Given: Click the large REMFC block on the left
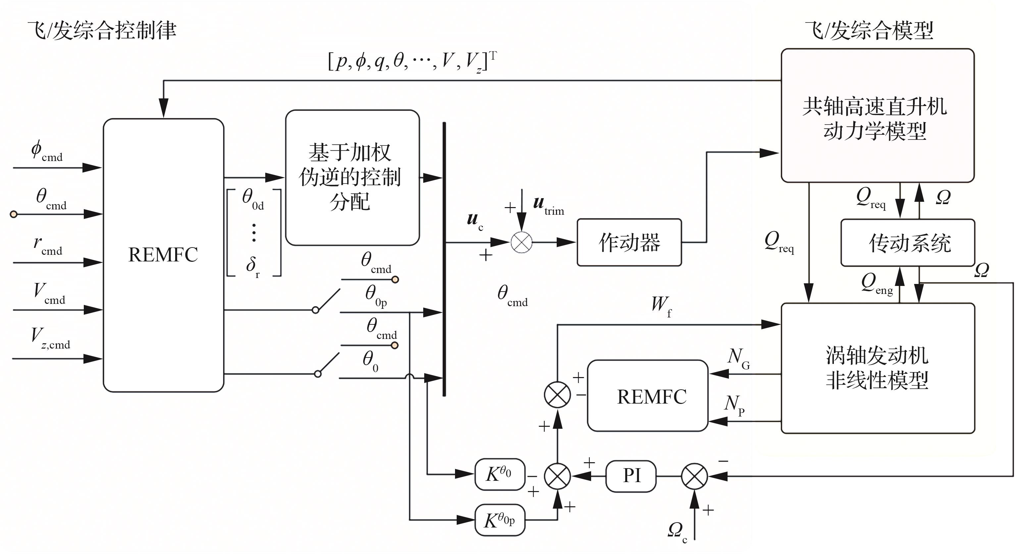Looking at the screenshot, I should click(164, 255).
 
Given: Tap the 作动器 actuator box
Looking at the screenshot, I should click(629, 242).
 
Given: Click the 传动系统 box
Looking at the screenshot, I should click(908, 243).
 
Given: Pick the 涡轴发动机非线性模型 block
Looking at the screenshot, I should click(878, 368).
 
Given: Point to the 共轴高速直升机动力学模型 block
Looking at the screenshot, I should click(877, 116).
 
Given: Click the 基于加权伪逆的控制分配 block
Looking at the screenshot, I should click(352, 177).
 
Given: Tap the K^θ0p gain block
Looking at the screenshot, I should click(500, 520).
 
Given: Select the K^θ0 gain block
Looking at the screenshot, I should click(500, 474).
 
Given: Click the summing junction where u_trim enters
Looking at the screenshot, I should click(522, 242).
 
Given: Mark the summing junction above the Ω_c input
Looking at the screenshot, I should click(694, 476).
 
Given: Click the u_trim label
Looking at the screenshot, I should click(548, 205).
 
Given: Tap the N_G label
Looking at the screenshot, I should click(738, 358).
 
